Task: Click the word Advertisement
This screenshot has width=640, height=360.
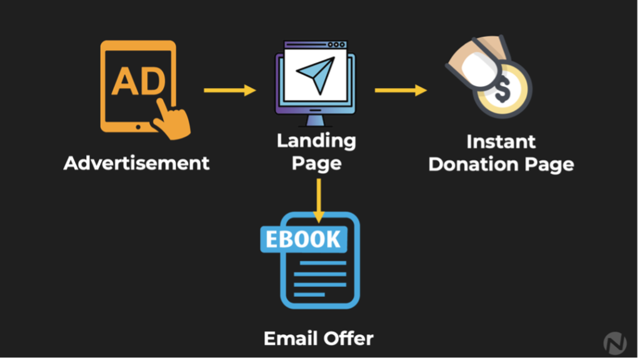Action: (x=136, y=164)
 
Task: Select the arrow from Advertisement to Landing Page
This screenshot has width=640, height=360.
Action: (x=230, y=91)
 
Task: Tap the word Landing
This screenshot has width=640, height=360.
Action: (x=316, y=141)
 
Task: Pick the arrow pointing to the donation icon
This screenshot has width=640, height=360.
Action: (x=401, y=91)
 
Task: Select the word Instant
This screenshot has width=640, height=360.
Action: (x=501, y=141)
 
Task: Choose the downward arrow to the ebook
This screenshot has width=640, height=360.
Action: (x=319, y=200)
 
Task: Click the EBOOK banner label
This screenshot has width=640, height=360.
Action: (x=303, y=239)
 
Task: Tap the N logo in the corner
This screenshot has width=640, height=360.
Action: (x=615, y=342)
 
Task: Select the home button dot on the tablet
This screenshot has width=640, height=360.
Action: (x=138, y=126)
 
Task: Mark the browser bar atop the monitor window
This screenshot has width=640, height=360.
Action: (x=315, y=45)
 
